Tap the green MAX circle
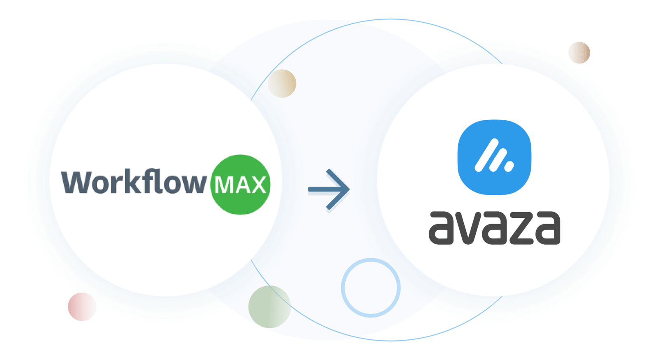click(240, 185)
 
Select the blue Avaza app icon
click(494, 157)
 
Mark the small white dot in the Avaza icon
click(509, 167)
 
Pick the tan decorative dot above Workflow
click(282, 84)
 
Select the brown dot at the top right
click(579, 53)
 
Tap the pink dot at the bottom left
click(82, 307)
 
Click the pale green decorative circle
click(269, 307)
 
